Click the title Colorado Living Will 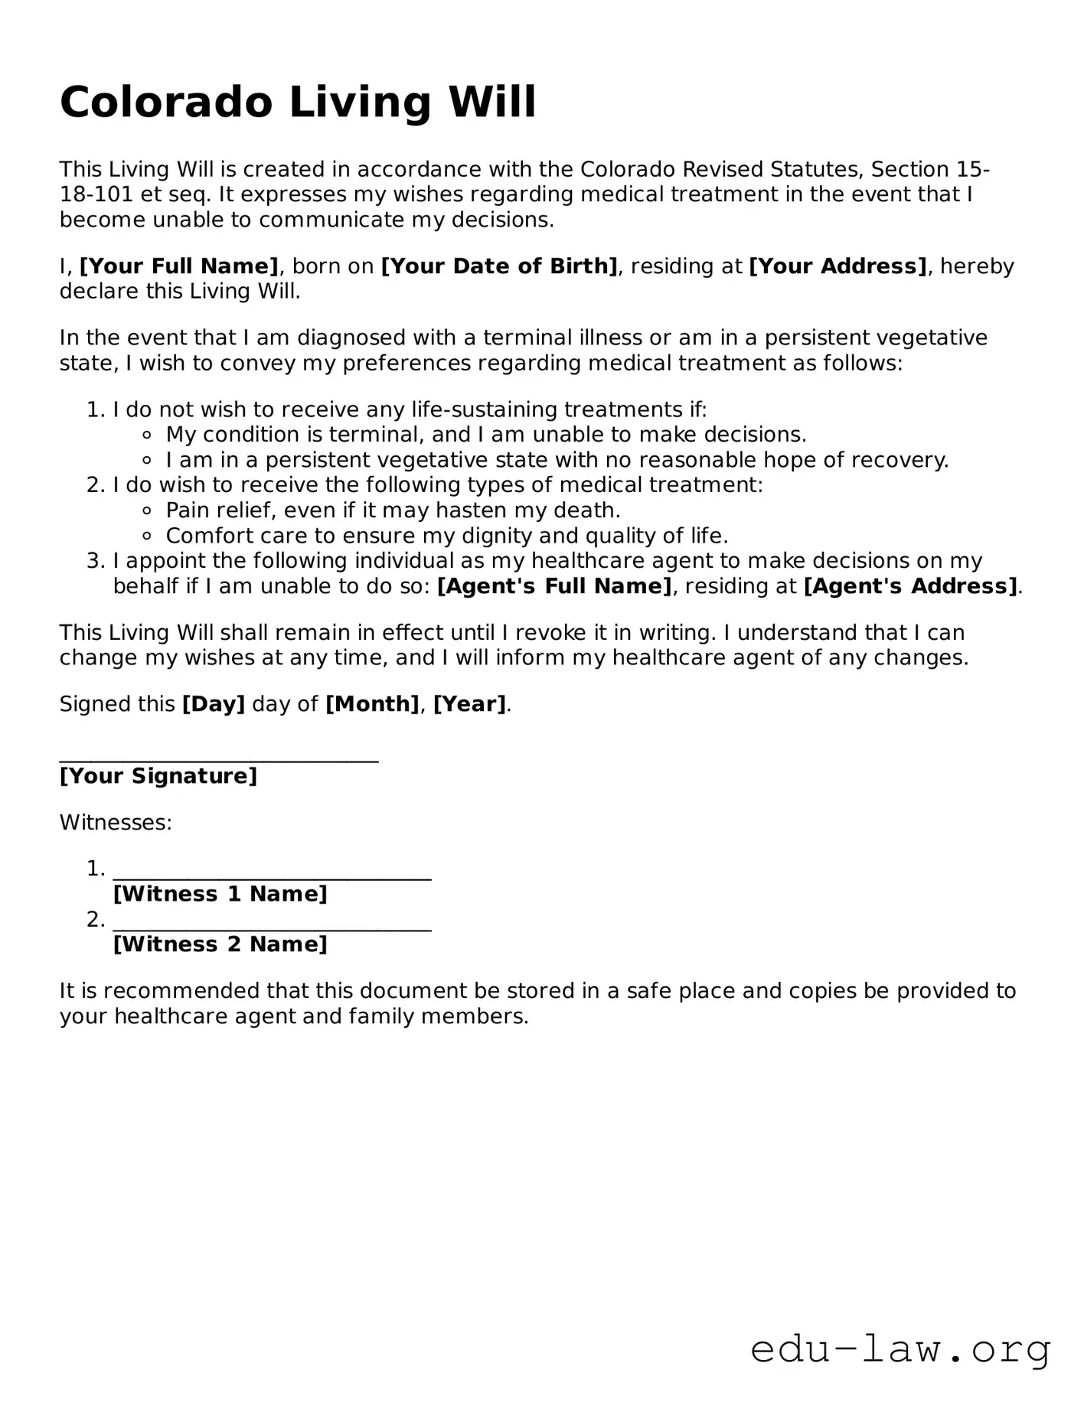pos(298,103)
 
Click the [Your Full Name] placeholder pos(179,266)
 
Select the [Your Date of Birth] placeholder pos(499,266)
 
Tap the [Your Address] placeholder pos(837,266)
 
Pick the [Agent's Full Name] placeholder pos(554,586)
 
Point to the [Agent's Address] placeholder pos(911,586)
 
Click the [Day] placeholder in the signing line pos(214,704)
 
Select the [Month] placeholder pos(372,704)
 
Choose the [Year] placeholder pos(469,704)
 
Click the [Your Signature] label pos(158,776)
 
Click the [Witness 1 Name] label pos(220,894)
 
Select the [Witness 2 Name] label pos(220,944)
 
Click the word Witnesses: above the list pos(116,823)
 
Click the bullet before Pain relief pos(148,511)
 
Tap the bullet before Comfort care pos(148,536)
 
